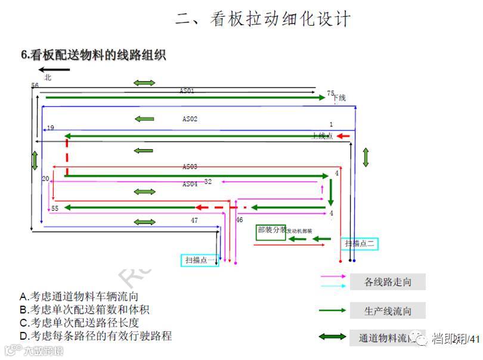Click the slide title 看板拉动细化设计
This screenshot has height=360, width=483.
point(263,19)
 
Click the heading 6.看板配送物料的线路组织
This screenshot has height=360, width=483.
point(93,55)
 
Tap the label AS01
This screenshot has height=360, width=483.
point(187,91)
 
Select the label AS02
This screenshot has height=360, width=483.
point(190,119)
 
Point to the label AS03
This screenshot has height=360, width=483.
point(190,167)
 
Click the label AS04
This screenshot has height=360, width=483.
point(190,184)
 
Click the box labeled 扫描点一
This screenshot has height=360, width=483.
point(199,260)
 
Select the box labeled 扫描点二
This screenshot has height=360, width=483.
point(360,243)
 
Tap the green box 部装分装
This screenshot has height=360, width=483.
point(271,232)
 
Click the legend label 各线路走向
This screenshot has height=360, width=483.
point(387,281)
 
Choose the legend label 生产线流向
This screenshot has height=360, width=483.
point(387,311)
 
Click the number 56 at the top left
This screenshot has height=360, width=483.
point(35,86)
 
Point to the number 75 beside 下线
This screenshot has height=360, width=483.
point(330,94)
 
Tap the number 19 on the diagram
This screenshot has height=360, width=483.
point(50,128)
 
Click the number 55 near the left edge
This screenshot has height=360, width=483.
point(54,209)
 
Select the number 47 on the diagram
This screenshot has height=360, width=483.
point(194,221)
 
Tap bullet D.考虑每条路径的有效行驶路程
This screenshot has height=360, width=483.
point(95,336)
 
